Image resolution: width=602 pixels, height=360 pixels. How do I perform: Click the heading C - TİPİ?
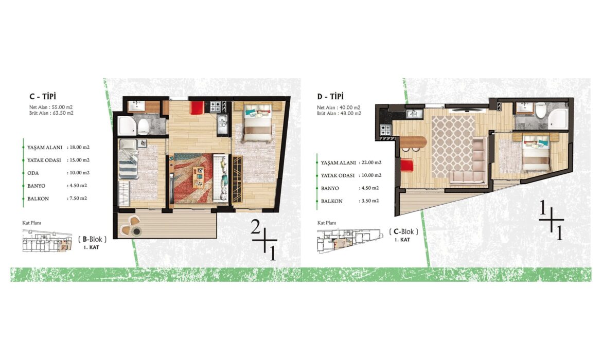tap(43, 96)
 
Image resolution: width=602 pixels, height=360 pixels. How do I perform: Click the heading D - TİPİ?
tap(330, 96)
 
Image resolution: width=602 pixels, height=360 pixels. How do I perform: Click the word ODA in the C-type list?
tap(33, 173)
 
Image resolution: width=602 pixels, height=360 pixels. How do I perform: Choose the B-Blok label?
tap(93, 239)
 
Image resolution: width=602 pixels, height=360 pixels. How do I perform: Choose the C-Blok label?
tap(403, 231)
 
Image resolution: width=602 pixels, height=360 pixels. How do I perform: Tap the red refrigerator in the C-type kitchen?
tap(197, 107)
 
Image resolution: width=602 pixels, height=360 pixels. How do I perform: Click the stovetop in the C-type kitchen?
tap(216, 106)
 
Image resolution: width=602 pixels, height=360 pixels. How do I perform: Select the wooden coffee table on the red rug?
tap(199, 177)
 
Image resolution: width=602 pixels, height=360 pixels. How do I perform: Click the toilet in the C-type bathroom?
tap(144, 127)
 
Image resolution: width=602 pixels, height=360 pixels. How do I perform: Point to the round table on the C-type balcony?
tap(137, 231)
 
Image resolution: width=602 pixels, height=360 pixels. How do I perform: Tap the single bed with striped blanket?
tap(129, 159)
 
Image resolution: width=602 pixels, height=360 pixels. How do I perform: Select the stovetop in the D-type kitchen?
tap(385, 130)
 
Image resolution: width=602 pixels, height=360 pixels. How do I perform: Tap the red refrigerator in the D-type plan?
tap(407, 166)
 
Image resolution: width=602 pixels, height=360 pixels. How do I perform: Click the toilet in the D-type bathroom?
tap(541, 111)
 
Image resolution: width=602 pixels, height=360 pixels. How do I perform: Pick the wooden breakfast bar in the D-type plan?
tap(413, 142)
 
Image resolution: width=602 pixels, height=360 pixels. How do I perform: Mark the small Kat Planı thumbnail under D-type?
tap(350, 241)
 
